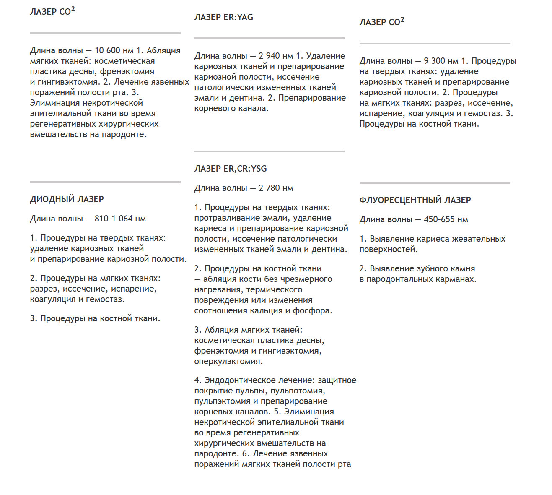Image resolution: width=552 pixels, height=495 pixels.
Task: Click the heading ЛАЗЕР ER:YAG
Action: pos(223,17)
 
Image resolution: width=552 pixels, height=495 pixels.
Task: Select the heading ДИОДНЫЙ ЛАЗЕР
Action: pos(67,199)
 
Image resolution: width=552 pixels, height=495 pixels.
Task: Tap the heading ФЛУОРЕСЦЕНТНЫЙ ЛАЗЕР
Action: pos(415,200)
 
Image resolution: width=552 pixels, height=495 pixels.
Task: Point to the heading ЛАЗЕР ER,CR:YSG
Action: pos(230,169)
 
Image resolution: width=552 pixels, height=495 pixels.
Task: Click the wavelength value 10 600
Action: pos(107,50)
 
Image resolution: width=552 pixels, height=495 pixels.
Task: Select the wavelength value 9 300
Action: pos(435,61)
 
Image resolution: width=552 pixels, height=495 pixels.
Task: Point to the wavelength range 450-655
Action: pos(440,219)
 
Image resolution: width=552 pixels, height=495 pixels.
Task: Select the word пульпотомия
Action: pos(297,391)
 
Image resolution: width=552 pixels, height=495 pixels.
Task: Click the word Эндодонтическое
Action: pos(238,380)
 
